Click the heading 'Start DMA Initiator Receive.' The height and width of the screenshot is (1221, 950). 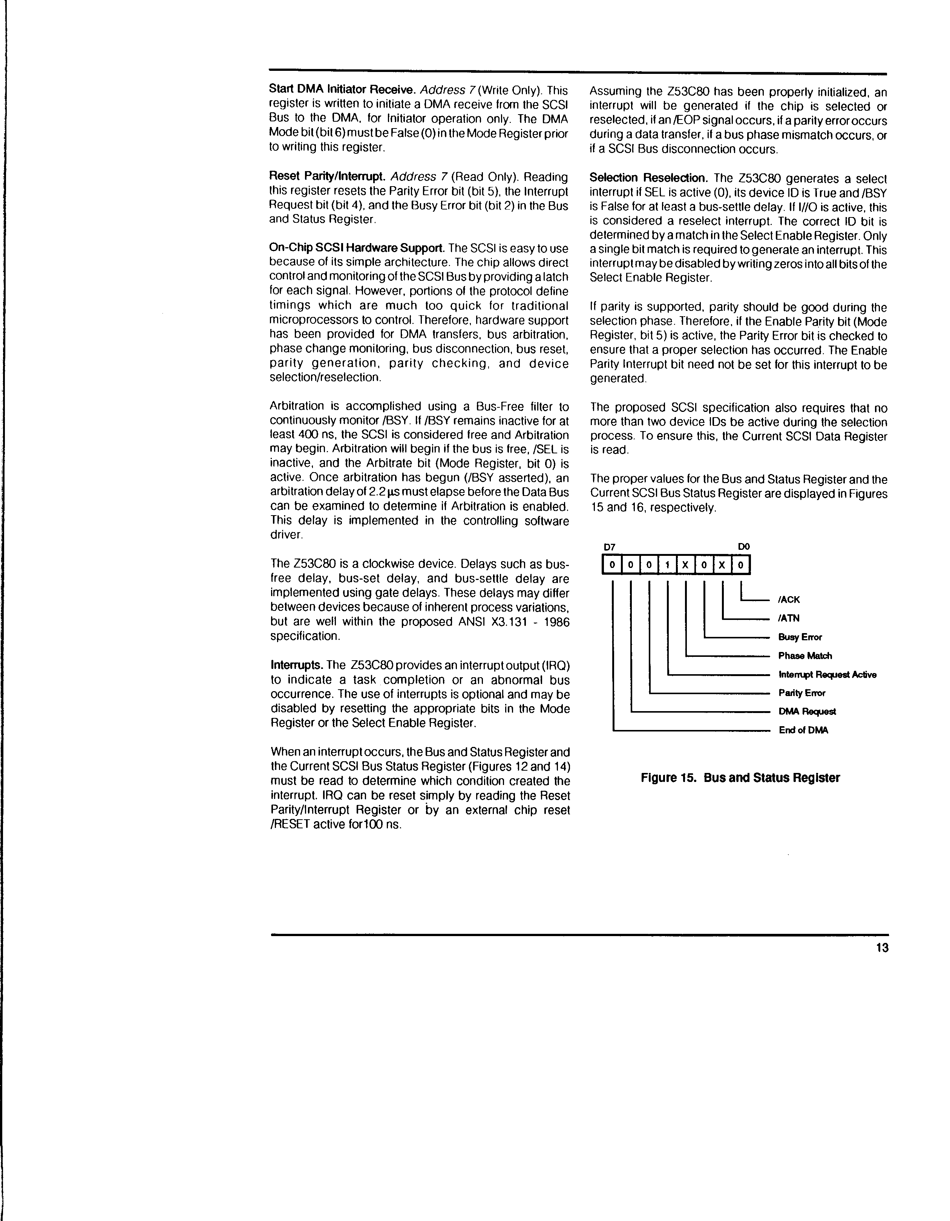coord(342,90)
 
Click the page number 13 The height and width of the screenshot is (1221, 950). coord(883,948)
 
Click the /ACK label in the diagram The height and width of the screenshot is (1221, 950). coord(789,599)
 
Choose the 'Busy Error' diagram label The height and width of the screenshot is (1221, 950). coord(800,637)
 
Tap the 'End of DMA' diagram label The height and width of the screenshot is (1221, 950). coord(803,730)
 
